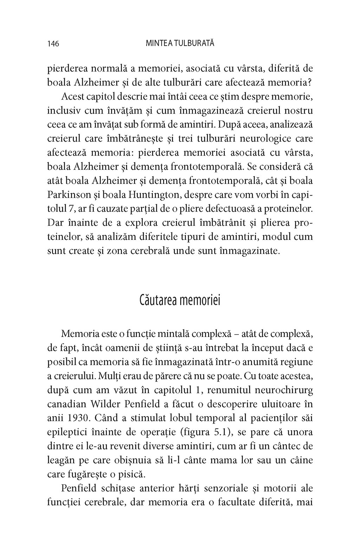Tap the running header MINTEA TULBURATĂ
click(180, 44)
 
